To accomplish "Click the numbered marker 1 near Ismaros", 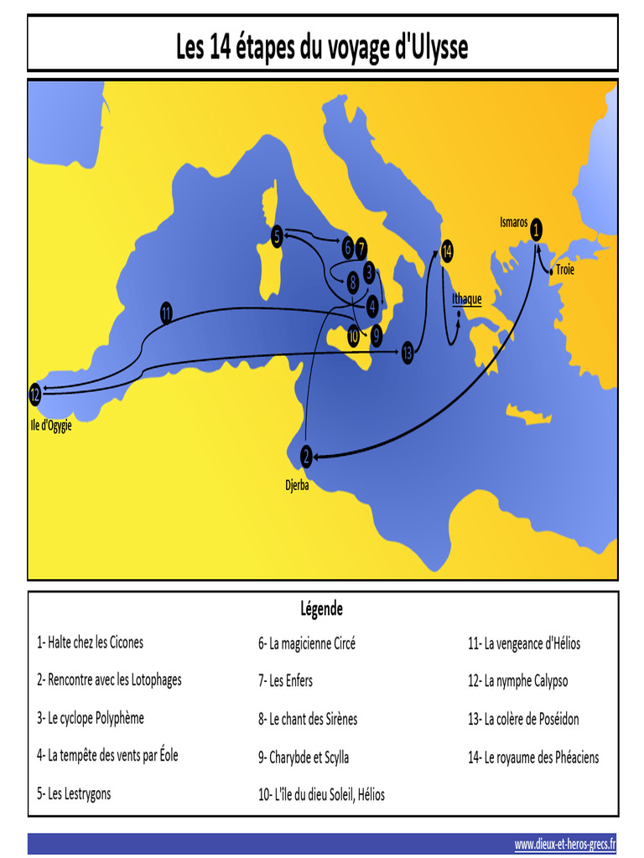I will (536, 227).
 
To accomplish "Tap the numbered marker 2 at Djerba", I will (307, 456).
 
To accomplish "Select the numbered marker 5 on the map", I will (277, 237).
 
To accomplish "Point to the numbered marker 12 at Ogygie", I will (34, 394).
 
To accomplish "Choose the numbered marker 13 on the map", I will (408, 352).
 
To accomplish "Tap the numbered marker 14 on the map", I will (447, 251).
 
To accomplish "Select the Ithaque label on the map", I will (466, 299).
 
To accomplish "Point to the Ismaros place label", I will (514, 223).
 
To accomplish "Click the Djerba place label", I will (298, 484).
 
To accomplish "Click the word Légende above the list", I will (321, 609).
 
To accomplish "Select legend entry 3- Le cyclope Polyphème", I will (91, 718).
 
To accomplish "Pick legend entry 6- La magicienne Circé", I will (307, 643).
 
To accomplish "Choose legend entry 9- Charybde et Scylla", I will (304, 757).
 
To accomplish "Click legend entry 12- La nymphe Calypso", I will (517, 681).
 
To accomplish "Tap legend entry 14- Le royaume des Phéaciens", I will (533, 757).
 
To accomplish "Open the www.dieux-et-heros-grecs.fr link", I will (565, 844).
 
